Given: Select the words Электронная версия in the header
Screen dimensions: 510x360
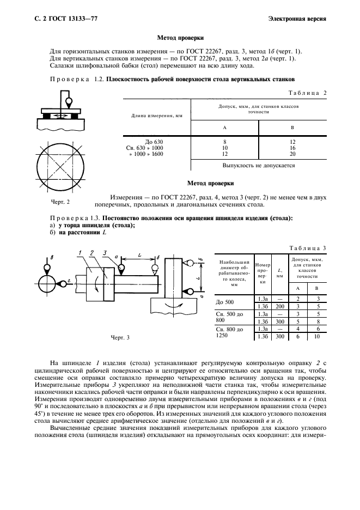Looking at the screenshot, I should (297, 20).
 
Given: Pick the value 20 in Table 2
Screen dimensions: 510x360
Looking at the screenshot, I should (292, 154).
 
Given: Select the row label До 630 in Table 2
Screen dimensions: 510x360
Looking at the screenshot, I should (154, 142).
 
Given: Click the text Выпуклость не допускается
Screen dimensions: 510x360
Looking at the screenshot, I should (259, 165).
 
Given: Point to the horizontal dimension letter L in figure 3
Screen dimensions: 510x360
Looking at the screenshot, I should (139, 254).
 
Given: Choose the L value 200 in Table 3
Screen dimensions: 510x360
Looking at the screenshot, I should (279, 307).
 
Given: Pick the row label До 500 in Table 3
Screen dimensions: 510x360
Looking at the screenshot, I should (225, 302).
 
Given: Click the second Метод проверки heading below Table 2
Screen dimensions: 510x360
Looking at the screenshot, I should (210, 184).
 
